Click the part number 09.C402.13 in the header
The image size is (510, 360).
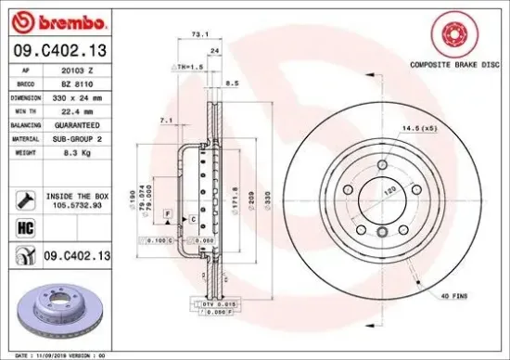(57, 48)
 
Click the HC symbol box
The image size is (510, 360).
(25, 226)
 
